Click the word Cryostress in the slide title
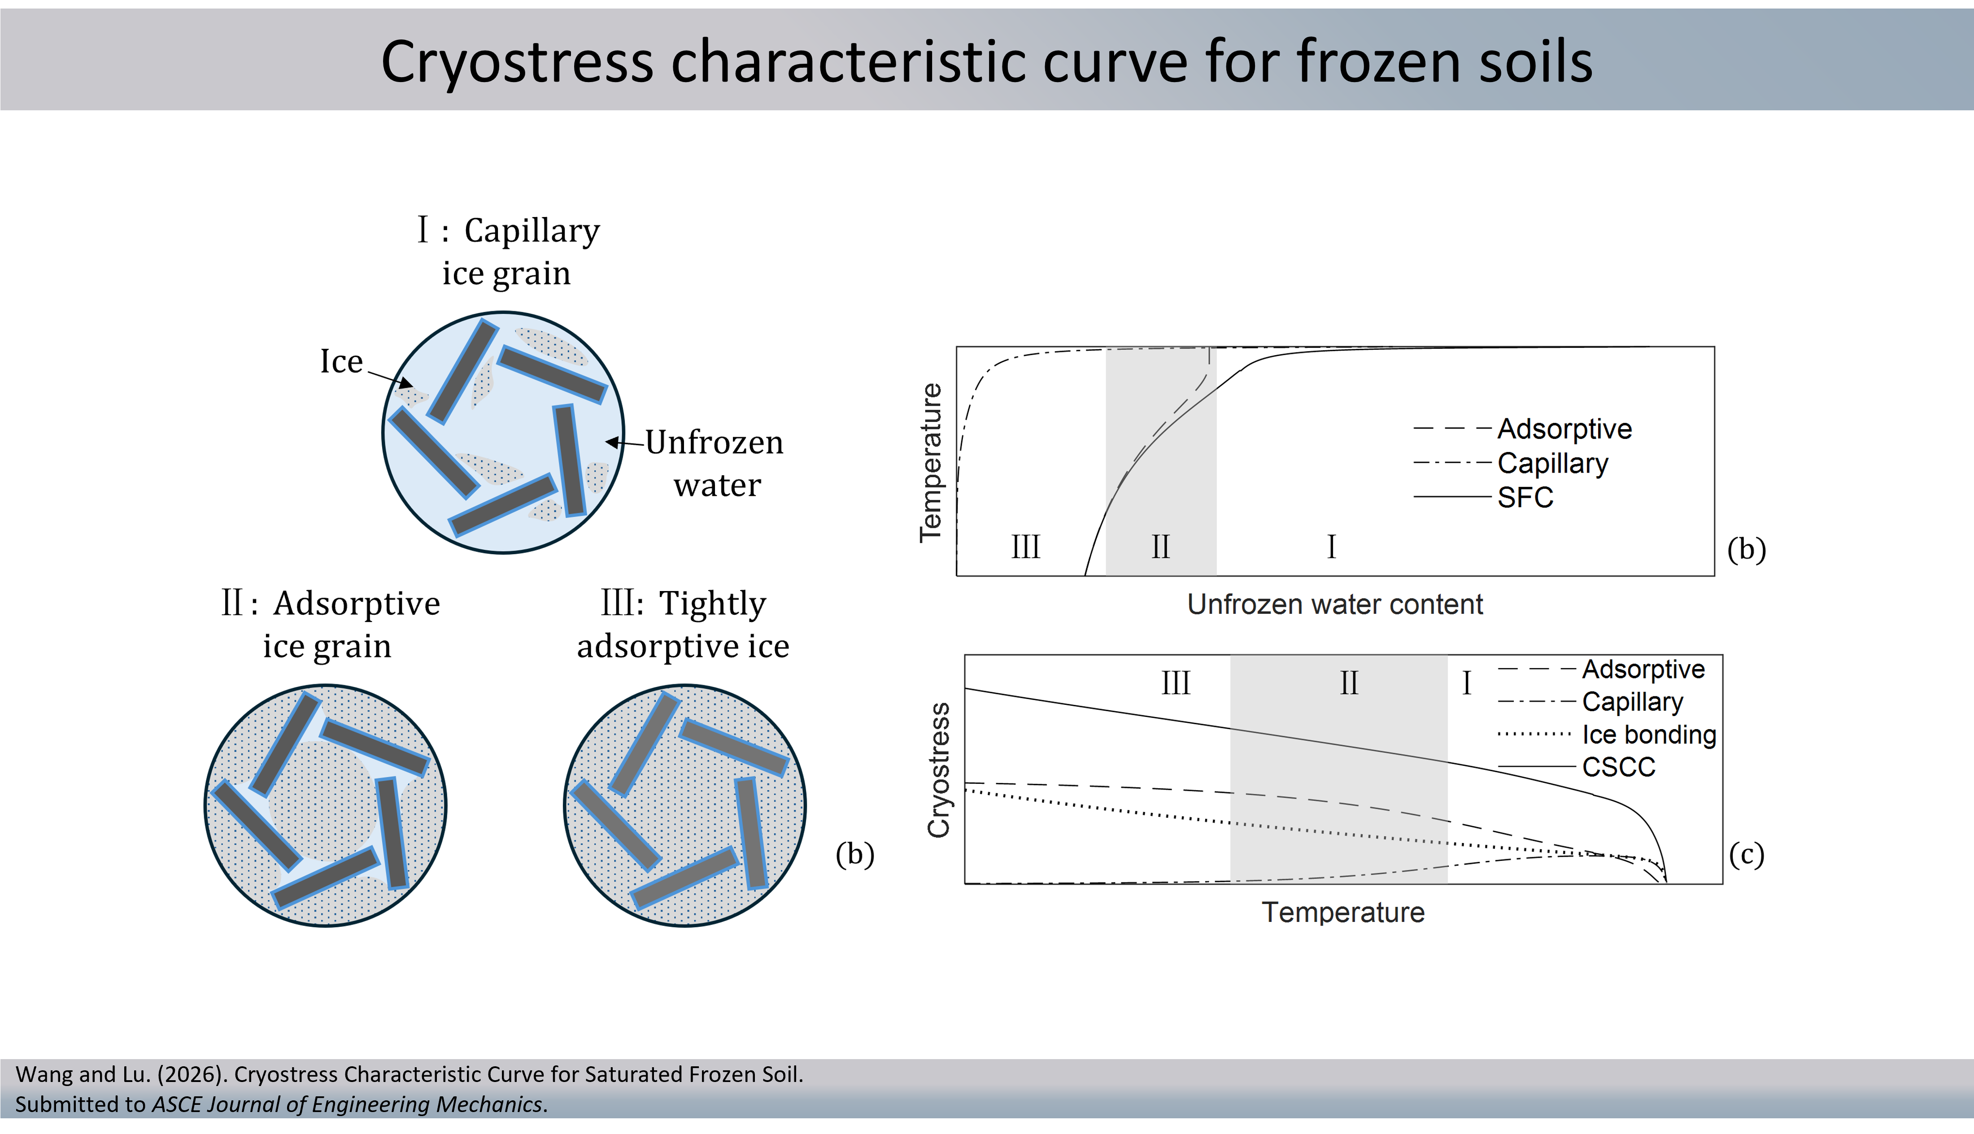[x=516, y=62]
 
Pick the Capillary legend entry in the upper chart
[x=1552, y=463]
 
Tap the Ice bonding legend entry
[x=1648, y=734]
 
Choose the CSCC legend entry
[x=1618, y=767]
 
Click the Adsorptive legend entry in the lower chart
[x=1643, y=669]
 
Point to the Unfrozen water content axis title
[x=1334, y=604]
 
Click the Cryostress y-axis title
[x=939, y=769]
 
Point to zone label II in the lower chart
[x=1348, y=683]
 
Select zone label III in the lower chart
[x=1176, y=683]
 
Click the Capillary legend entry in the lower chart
[x=1632, y=702]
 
